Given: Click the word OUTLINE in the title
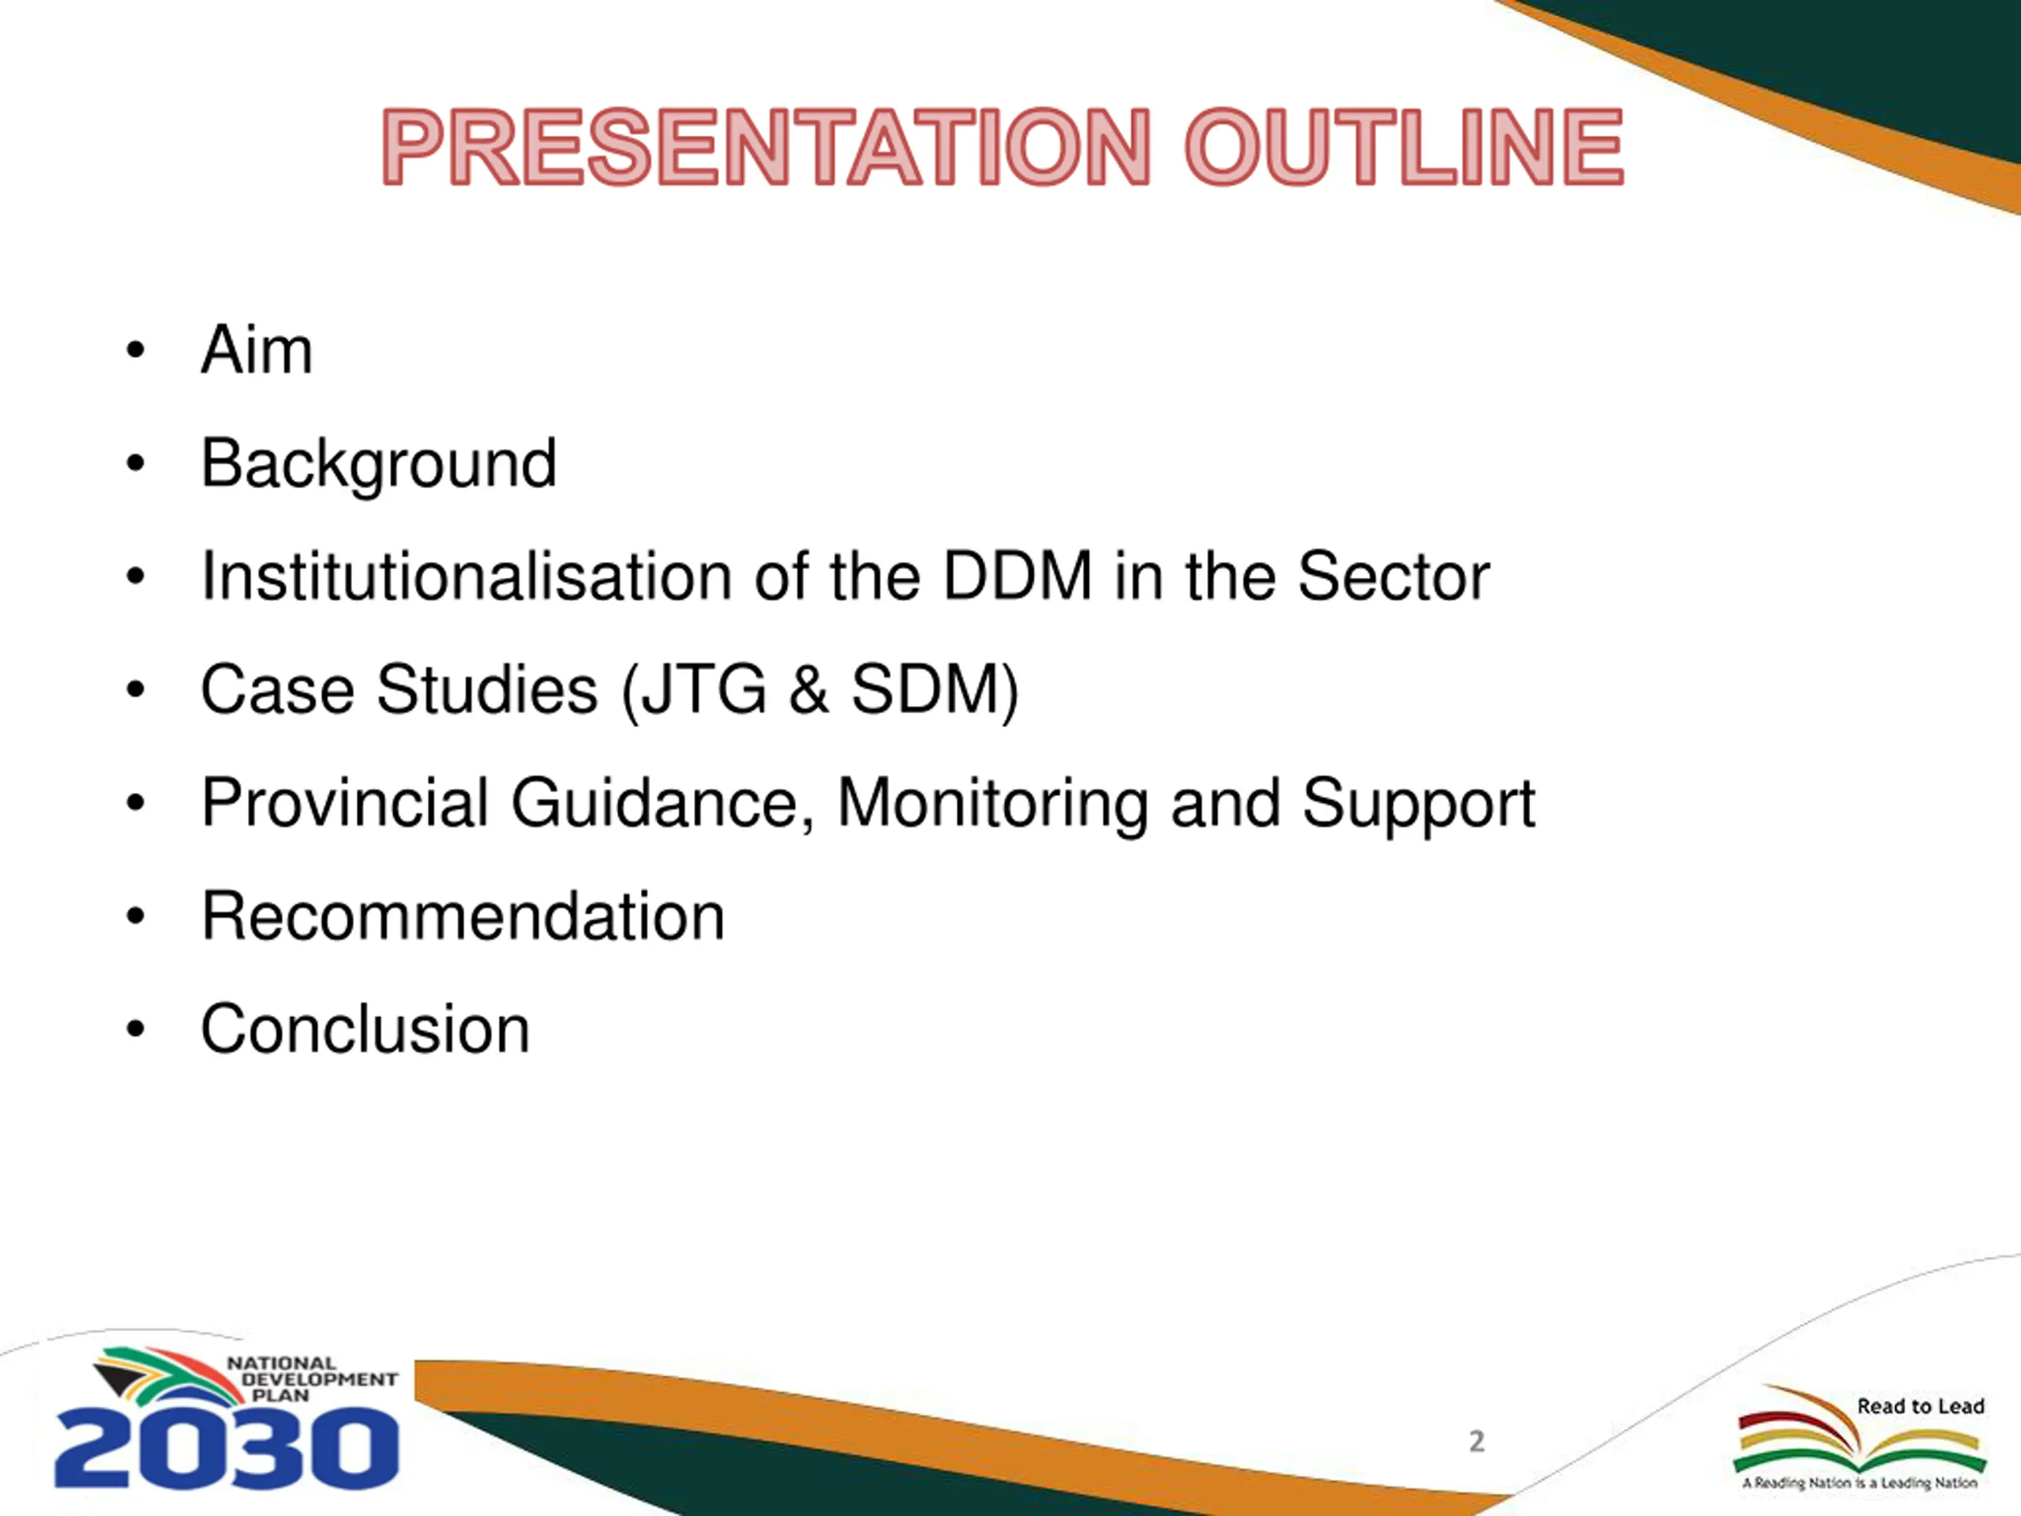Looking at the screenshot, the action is [1404, 147].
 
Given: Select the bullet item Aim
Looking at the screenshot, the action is [257, 350].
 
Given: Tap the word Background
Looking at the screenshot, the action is [378, 464].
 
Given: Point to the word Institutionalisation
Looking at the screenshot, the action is [467, 576].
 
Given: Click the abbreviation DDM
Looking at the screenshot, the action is [1018, 576].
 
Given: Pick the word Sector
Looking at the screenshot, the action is [1393, 576].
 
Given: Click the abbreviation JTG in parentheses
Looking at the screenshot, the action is [703, 690].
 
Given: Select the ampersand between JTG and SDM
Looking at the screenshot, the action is [808, 690].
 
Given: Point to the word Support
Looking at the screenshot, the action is [1418, 804].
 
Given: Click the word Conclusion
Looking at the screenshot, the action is [366, 1029].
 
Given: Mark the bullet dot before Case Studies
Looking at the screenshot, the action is [136, 691].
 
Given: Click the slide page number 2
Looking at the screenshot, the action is [1476, 1441].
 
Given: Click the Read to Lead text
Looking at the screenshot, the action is [1921, 1406].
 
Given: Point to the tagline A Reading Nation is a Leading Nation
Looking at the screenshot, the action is [1859, 1483].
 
